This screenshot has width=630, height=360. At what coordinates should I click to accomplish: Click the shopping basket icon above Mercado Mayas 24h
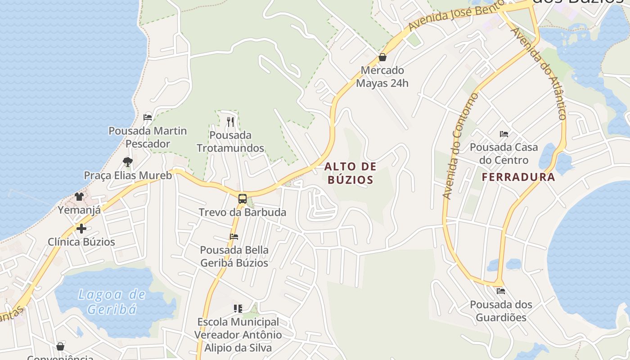(x=382, y=57)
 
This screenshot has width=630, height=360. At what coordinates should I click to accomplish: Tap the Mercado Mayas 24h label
(x=382, y=76)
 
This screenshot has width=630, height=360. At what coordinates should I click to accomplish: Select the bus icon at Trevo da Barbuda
(x=243, y=198)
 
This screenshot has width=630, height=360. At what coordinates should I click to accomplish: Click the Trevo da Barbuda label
(x=243, y=212)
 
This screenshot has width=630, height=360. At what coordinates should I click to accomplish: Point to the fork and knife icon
(x=230, y=121)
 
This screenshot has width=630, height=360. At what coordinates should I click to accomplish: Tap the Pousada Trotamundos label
(x=230, y=141)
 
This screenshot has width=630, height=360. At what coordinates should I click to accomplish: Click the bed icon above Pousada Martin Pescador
(x=148, y=117)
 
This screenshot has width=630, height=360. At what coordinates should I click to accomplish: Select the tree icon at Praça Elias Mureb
(x=128, y=162)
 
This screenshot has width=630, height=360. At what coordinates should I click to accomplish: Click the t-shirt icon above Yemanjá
(x=80, y=196)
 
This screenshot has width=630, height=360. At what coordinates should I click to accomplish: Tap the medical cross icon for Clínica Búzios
(x=81, y=229)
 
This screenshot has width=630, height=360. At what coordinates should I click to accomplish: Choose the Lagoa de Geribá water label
(x=112, y=302)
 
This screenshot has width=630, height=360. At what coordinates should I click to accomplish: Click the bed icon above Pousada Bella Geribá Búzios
(x=234, y=236)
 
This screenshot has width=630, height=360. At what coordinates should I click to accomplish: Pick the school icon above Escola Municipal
(x=238, y=308)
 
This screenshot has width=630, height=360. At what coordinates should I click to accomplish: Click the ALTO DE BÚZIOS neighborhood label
(x=350, y=173)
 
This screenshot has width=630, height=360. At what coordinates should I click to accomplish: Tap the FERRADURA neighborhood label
(x=518, y=177)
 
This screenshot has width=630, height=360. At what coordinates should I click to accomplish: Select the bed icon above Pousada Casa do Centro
(x=504, y=134)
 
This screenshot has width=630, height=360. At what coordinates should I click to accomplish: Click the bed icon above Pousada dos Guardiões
(x=501, y=291)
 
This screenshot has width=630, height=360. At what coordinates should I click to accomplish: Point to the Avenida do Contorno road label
(x=460, y=146)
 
